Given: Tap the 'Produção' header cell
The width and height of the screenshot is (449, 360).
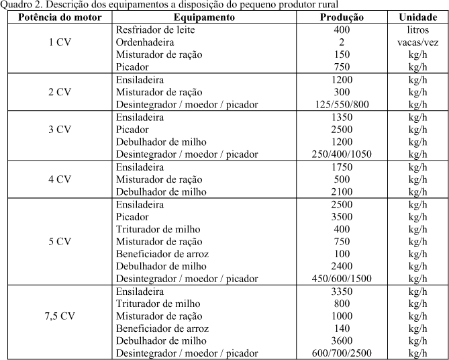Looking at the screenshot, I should [342, 17].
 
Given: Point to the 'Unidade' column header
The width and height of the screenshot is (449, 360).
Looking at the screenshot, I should [417, 17].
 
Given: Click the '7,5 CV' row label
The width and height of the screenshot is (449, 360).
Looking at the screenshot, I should [61, 316].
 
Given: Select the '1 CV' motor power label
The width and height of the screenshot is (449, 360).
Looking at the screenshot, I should [60, 42].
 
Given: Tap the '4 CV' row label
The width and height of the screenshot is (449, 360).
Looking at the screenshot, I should [60, 179].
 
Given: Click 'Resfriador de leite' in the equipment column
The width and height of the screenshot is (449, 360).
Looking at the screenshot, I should [156, 30].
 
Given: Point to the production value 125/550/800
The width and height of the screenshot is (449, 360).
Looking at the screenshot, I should [342, 105].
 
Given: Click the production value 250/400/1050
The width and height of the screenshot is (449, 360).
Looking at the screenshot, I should [342, 154].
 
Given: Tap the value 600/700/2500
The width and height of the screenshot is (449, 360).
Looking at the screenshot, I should [342, 353].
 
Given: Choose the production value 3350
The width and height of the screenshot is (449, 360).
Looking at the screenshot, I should [342, 291].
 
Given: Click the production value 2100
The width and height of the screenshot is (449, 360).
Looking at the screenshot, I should [342, 191].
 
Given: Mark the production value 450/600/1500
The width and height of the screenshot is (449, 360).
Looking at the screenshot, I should [342, 278].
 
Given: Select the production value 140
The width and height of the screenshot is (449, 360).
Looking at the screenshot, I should [342, 328].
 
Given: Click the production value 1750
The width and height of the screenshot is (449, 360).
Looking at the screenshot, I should [342, 167].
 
